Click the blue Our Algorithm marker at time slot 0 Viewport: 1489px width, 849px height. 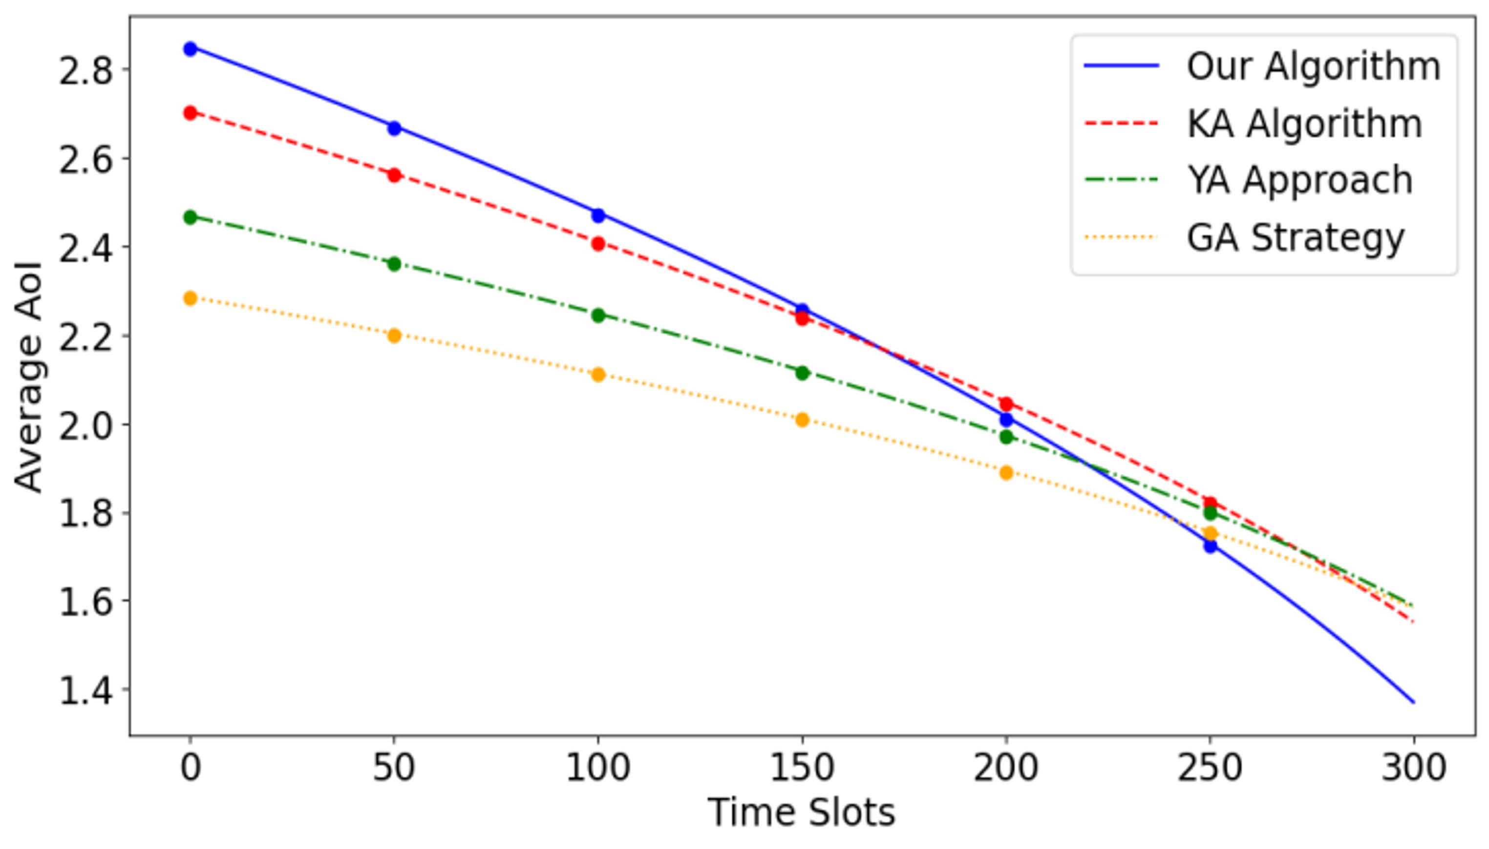[190, 48]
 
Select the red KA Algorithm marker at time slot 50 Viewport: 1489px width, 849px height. [394, 175]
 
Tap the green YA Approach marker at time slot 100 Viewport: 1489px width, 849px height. [598, 316]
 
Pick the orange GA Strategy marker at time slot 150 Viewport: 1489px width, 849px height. [802, 420]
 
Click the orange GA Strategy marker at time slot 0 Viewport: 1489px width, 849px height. [190, 298]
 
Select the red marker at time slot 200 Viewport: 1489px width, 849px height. [1006, 403]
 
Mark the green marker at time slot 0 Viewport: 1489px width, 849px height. [190, 217]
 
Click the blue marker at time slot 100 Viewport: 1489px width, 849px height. [598, 215]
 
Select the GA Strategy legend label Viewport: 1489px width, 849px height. [1296, 238]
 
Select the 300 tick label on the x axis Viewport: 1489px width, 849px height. [1414, 768]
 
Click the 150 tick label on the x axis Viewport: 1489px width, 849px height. [802, 768]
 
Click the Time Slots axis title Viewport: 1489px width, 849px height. [802, 813]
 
